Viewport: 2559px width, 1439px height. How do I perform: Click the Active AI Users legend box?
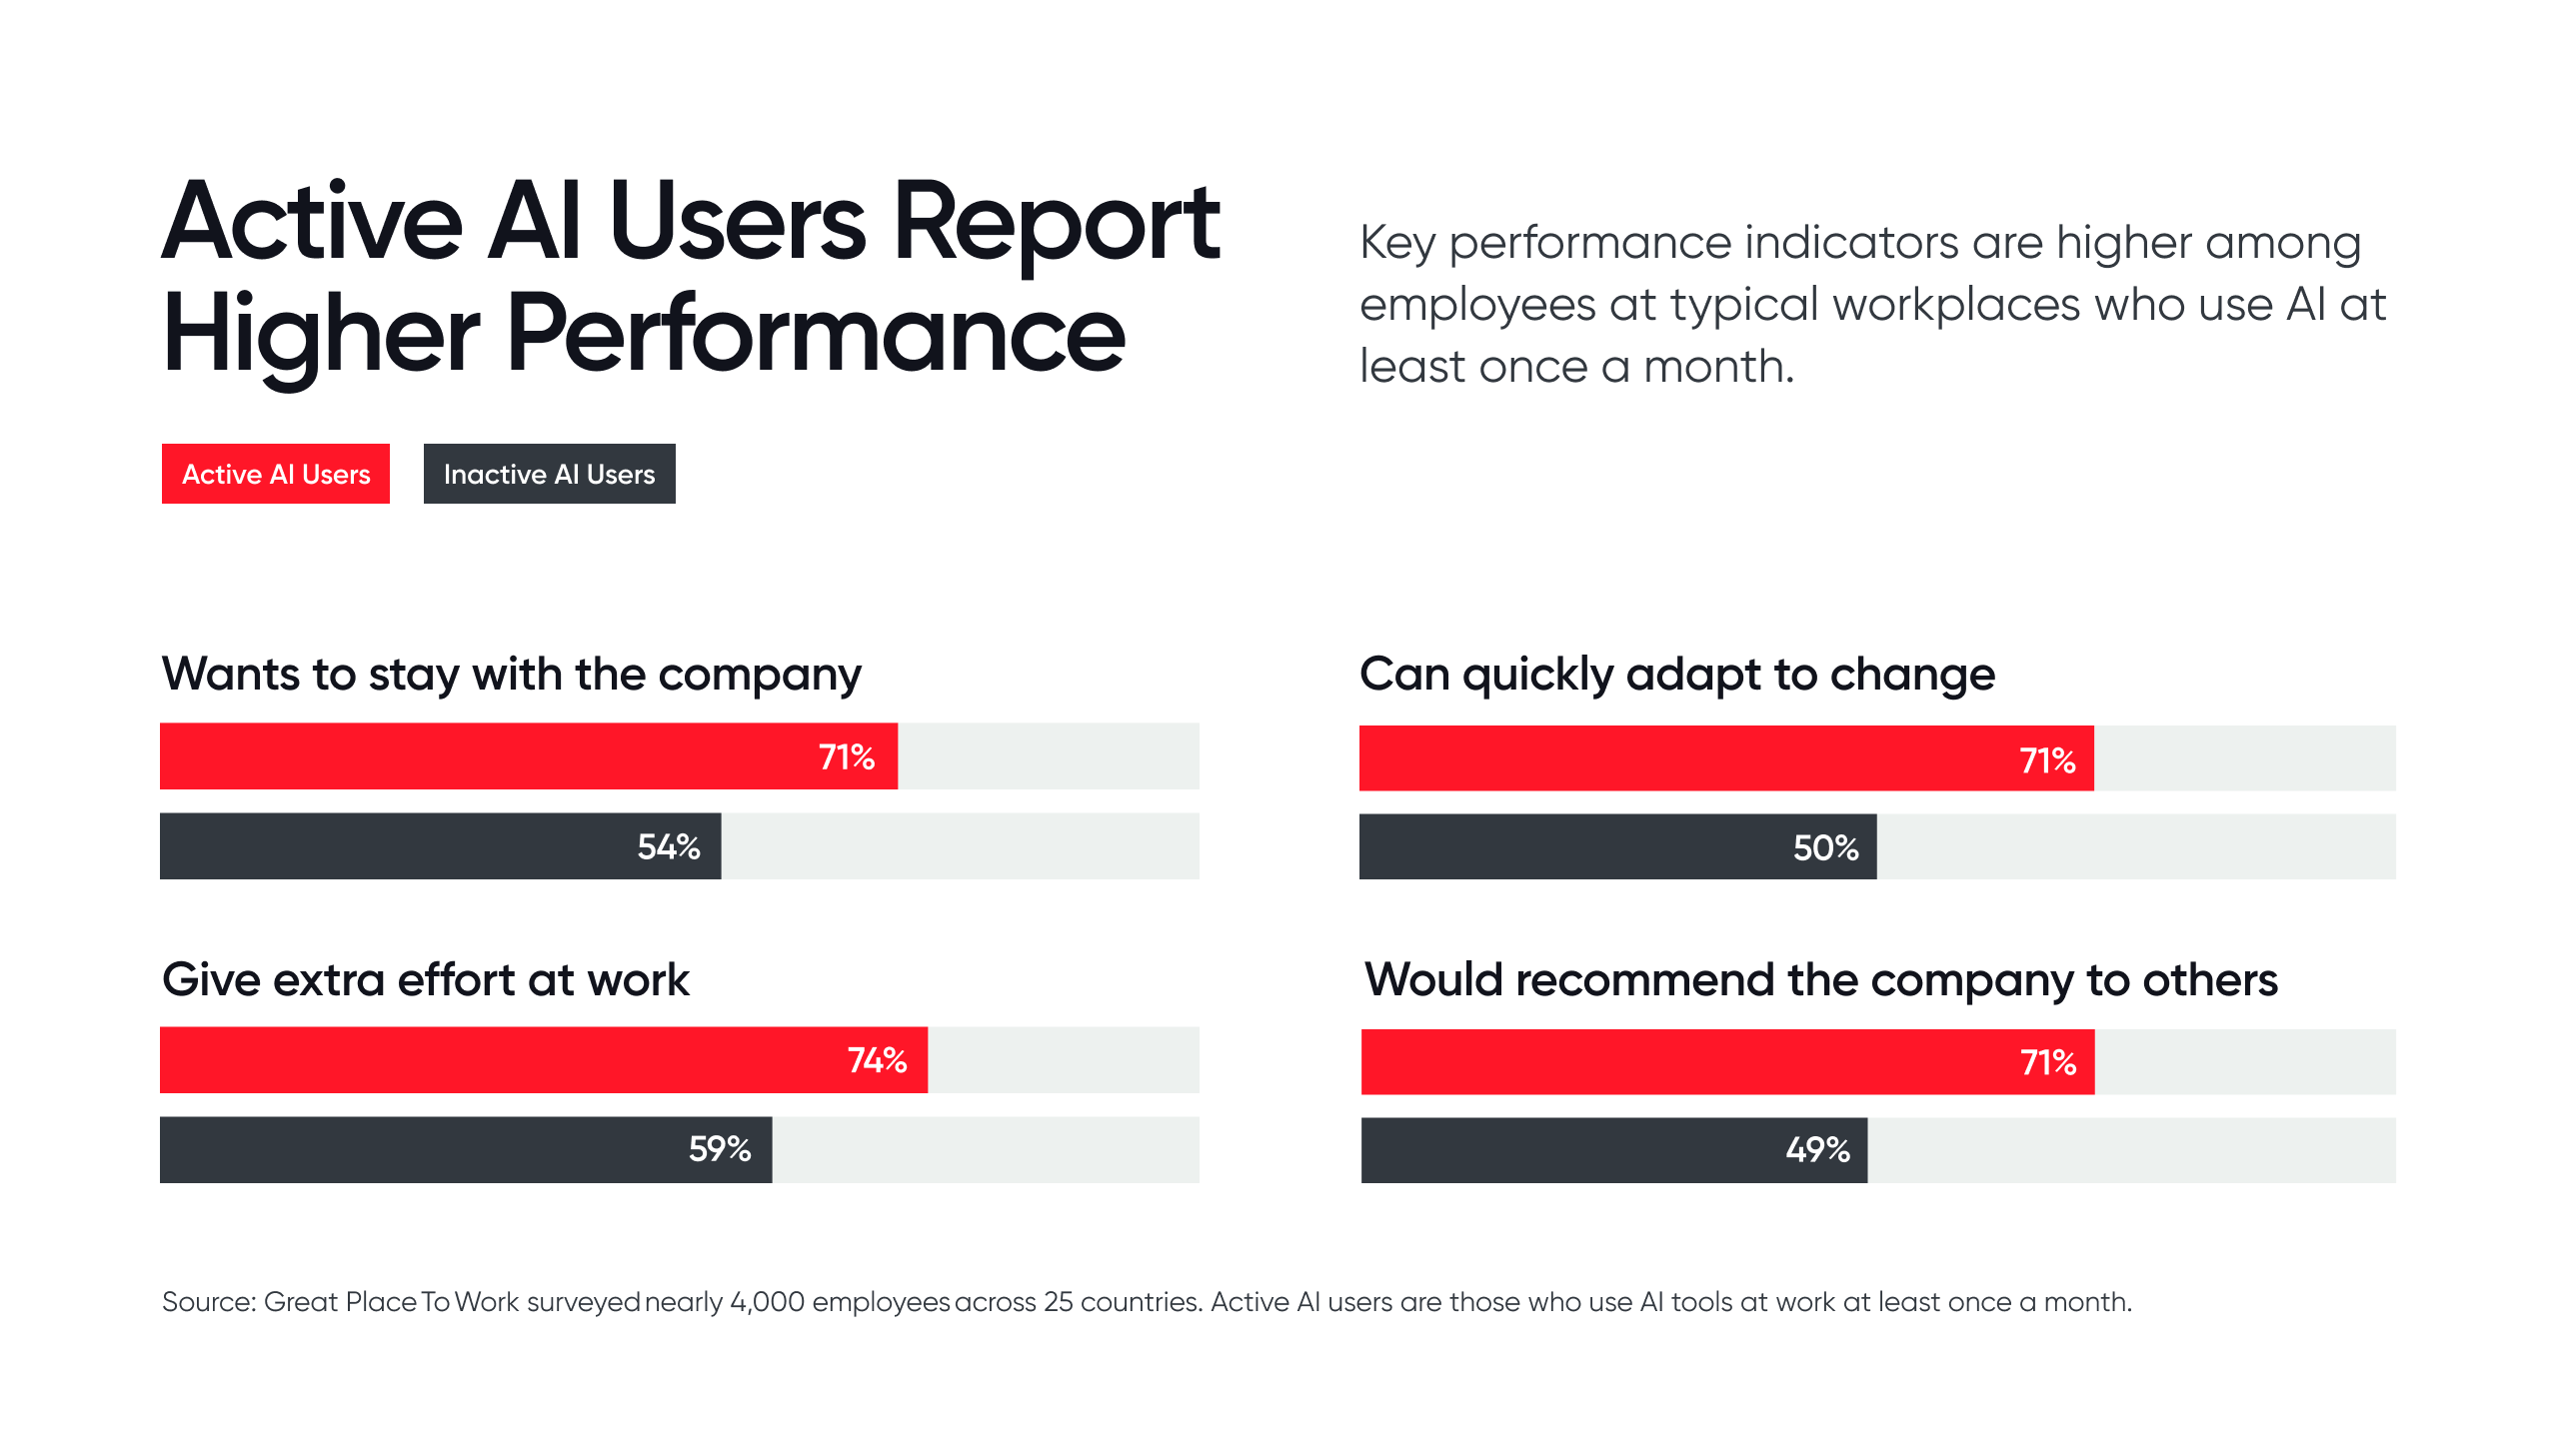click(276, 474)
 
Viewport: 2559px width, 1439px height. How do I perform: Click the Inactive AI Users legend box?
click(549, 474)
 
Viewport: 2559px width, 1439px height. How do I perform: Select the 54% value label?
click(669, 847)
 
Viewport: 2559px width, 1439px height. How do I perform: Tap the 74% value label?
click(877, 1060)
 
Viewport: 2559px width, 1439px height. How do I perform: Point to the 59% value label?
click(720, 1149)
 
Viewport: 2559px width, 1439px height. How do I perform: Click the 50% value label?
click(1825, 848)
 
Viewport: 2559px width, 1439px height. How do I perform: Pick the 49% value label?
click(1817, 1150)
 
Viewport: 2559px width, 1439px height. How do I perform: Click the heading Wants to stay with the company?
click(511, 675)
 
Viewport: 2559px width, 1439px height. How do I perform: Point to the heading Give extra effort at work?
click(426, 980)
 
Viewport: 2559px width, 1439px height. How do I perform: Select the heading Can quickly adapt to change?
click(1677, 675)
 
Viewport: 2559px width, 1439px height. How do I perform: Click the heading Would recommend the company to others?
click(1821, 980)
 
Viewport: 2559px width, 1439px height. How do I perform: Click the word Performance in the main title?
click(816, 335)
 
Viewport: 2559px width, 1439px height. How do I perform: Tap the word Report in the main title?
click(1056, 224)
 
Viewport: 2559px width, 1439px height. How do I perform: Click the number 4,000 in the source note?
click(767, 1302)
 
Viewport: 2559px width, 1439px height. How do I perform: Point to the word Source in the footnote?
click(208, 1302)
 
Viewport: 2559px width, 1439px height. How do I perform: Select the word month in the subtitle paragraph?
click(1717, 367)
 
